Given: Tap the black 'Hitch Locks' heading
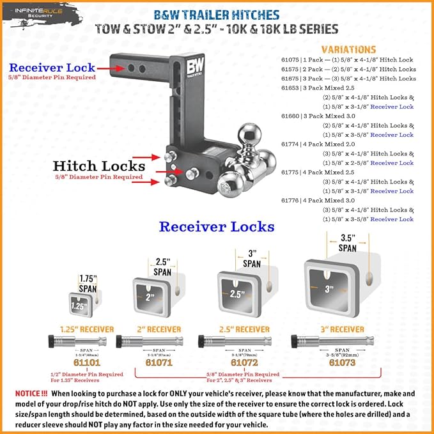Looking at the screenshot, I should point(99,166).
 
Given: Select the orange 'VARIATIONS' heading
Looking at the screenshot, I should point(348,49).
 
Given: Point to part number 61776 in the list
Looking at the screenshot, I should point(291,200).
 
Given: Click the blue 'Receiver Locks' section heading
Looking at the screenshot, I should point(217,226).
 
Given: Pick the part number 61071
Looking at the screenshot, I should point(159,362).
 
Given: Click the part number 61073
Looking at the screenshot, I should point(343,362).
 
